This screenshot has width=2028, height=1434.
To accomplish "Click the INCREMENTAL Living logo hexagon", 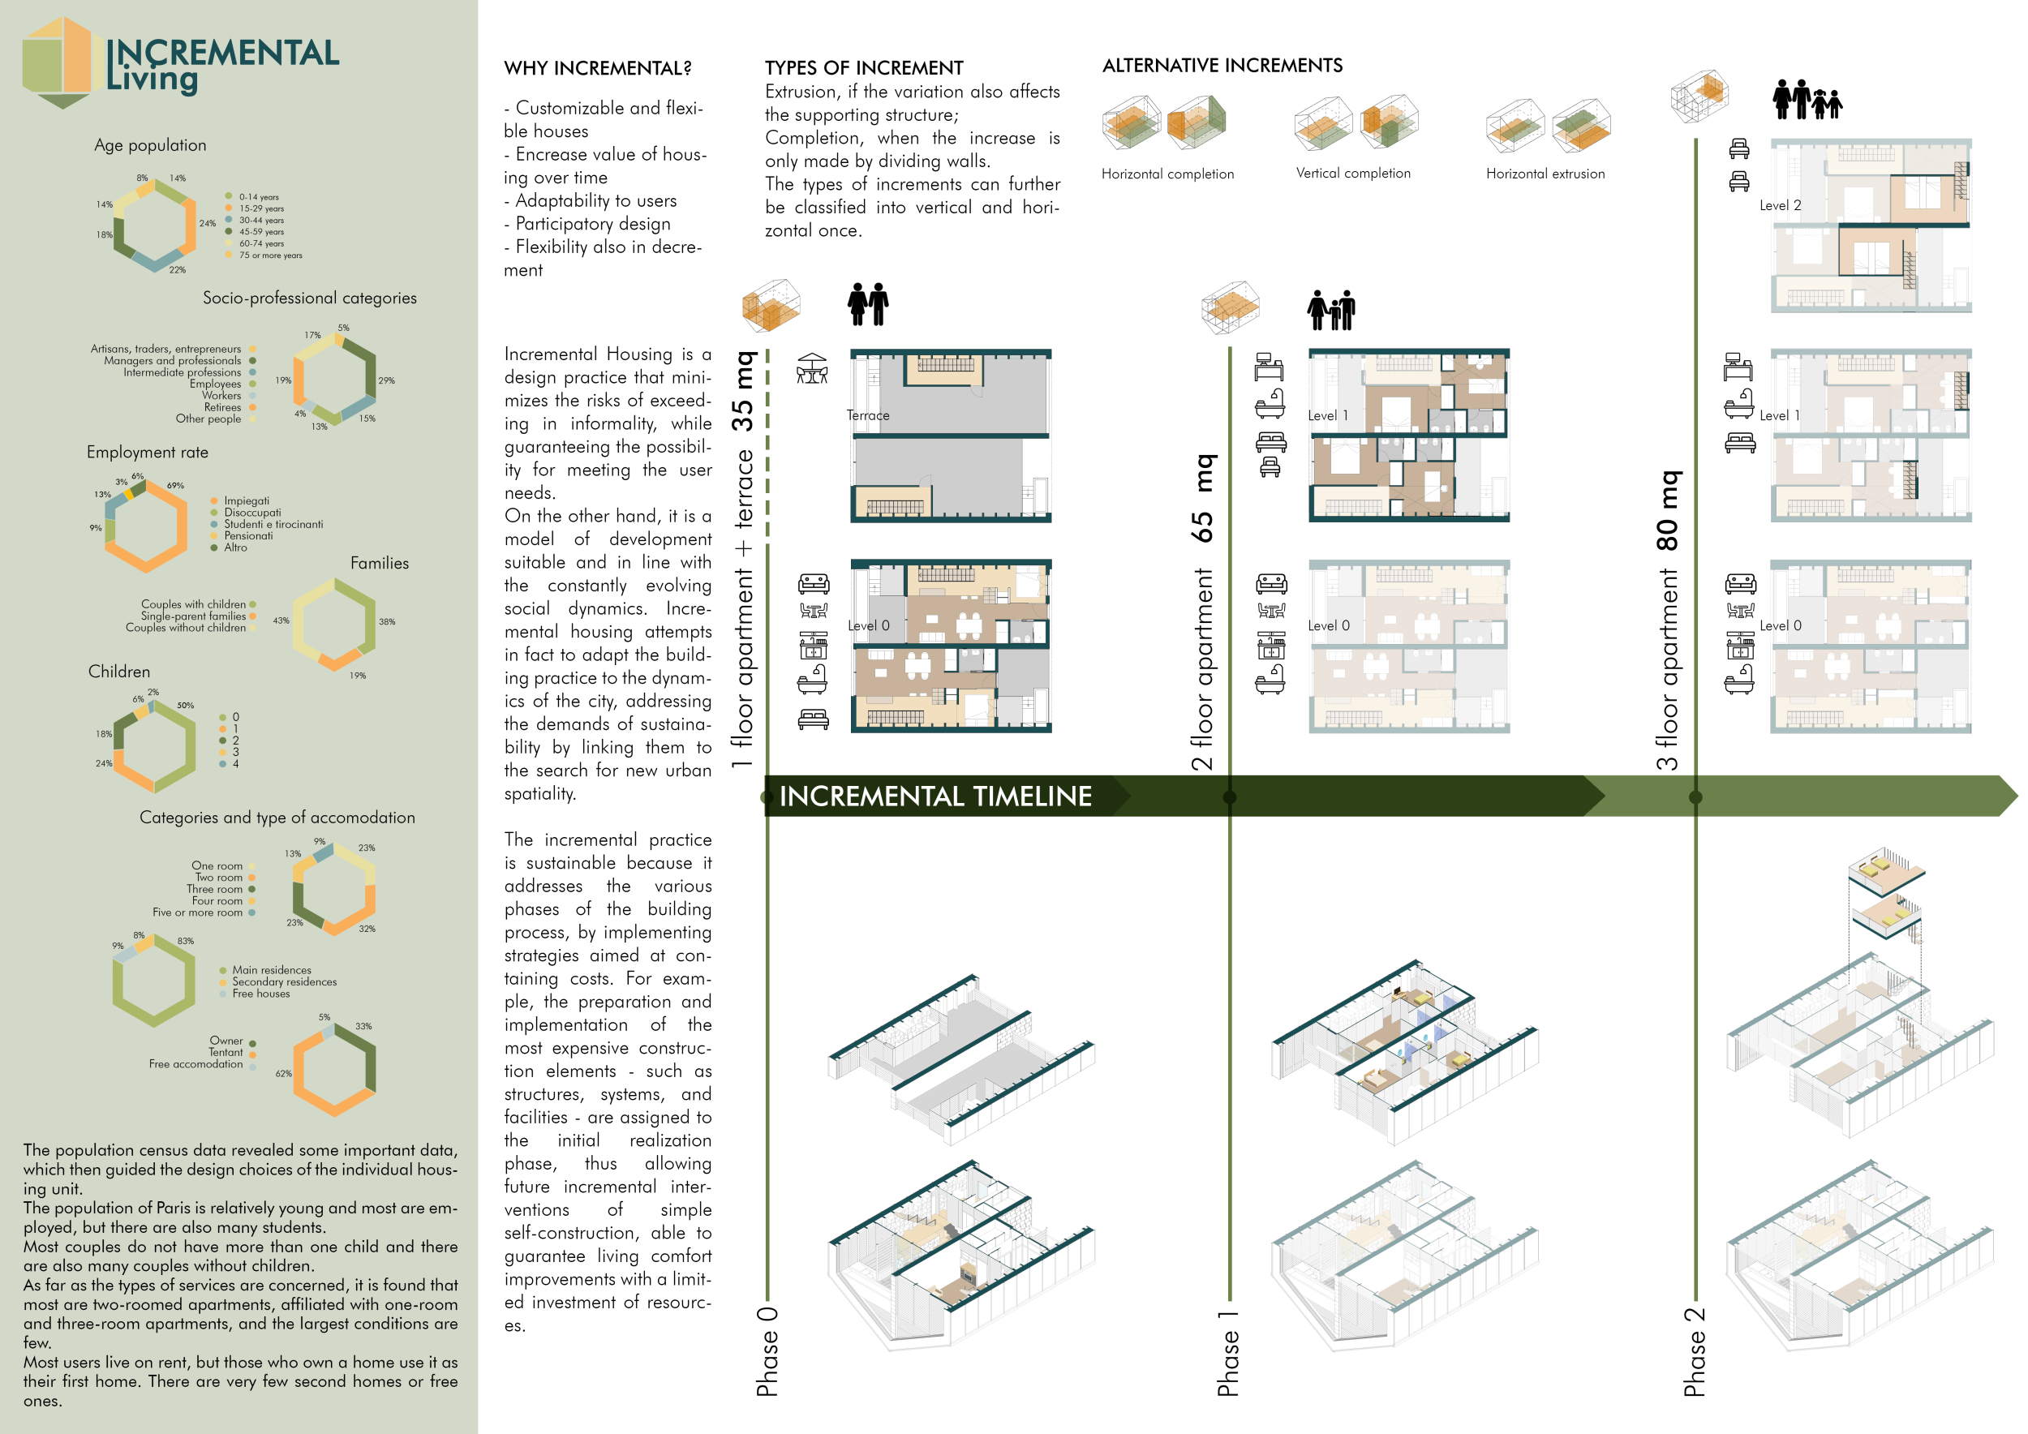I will point(58,62).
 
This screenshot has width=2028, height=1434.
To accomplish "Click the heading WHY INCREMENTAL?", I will point(597,69).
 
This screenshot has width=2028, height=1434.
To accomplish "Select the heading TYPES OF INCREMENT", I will point(863,68).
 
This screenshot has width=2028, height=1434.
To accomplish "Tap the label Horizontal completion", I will point(1167,174).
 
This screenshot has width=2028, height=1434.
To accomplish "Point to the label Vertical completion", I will point(1352,173).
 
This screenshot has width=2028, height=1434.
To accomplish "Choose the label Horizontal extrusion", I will point(1545,174).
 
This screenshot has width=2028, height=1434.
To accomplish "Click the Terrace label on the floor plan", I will point(867,416).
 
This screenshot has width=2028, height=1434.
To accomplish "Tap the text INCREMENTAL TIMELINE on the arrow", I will point(935,796).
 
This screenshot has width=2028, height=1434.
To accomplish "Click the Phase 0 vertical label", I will point(767,1351).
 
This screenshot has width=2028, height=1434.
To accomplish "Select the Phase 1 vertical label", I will point(1228,1353).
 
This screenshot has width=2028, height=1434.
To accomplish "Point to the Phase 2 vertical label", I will point(1694,1351).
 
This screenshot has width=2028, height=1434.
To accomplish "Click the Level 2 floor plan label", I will point(1779,206).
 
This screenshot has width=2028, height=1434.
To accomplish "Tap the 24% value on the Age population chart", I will point(208,223).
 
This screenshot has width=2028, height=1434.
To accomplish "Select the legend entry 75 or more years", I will point(269,255).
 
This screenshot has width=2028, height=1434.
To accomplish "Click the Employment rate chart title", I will point(148,452).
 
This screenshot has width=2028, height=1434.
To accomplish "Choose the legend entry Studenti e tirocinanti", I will point(273,525).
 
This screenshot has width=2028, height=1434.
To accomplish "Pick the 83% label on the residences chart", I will point(186,942).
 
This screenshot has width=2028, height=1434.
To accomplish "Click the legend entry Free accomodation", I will point(195,1064).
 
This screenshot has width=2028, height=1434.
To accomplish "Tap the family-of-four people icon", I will point(1807,99).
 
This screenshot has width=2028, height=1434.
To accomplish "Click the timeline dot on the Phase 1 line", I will point(1229,797).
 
